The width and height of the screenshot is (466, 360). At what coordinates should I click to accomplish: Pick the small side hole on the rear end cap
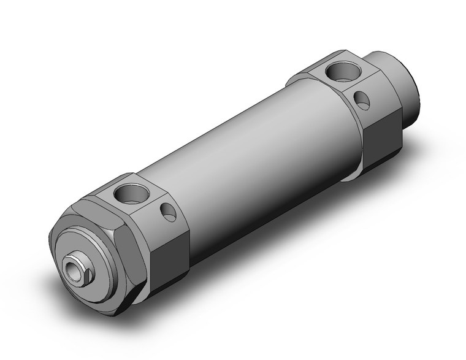tap(364, 100)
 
